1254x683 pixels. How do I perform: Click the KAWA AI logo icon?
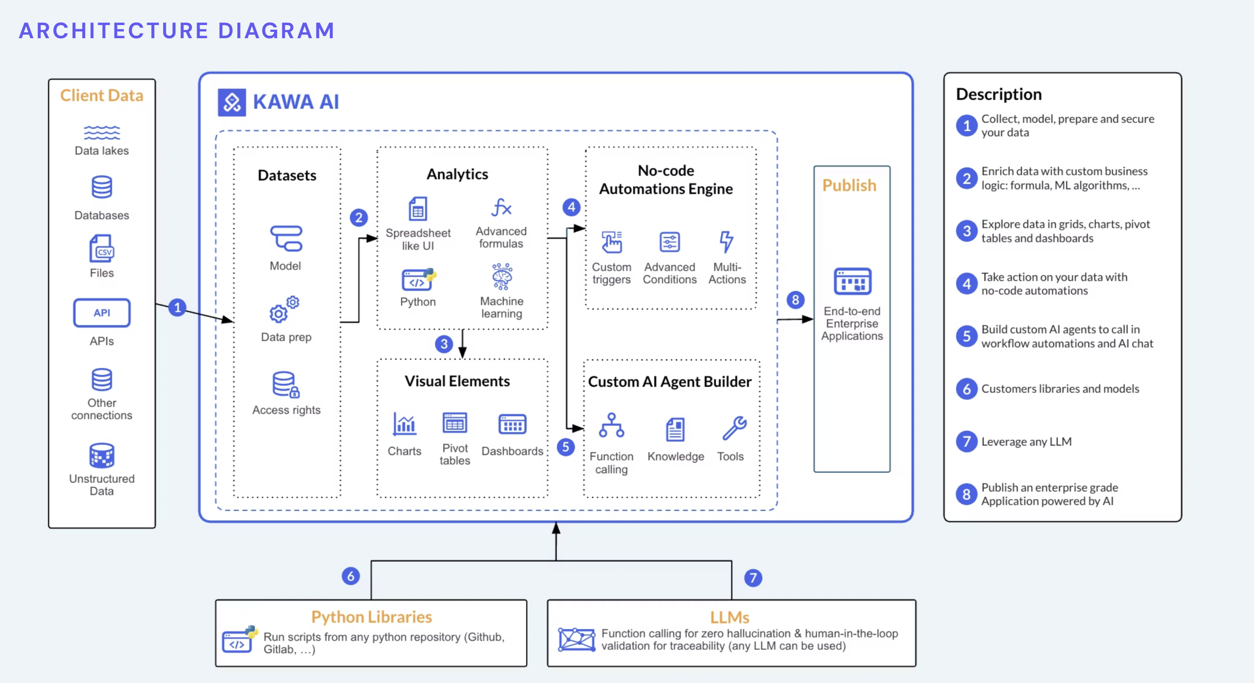(232, 102)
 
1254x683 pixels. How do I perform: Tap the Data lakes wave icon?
(102, 132)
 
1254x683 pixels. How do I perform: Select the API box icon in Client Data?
(102, 313)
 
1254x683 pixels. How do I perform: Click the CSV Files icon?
(102, 248)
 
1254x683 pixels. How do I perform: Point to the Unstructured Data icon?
(102, 455)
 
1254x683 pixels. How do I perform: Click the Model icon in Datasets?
(286, 238)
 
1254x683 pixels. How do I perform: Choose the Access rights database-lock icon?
(286, 384)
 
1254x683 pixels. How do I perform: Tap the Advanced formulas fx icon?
(501, 208)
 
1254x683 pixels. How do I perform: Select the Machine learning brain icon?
(502, 277)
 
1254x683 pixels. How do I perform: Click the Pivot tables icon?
(455, 423)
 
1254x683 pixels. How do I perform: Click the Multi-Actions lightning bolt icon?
(726, 242)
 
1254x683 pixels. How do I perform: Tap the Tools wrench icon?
(734, 428)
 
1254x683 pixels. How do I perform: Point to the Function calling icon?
(612, 425)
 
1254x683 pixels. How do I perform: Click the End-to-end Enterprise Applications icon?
(852, 281)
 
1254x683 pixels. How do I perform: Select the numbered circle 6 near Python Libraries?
(350, 576)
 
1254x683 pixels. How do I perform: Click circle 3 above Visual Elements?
(444, 344)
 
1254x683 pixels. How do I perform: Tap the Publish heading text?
(849, 186)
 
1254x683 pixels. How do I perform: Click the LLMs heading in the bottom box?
(729, 617)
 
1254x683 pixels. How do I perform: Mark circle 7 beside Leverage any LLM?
(967, 442)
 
